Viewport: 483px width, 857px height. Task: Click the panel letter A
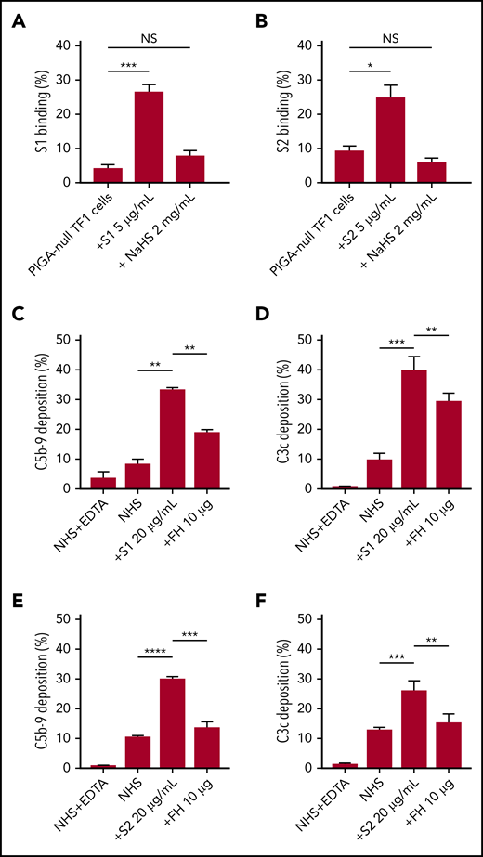coord(17,18)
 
